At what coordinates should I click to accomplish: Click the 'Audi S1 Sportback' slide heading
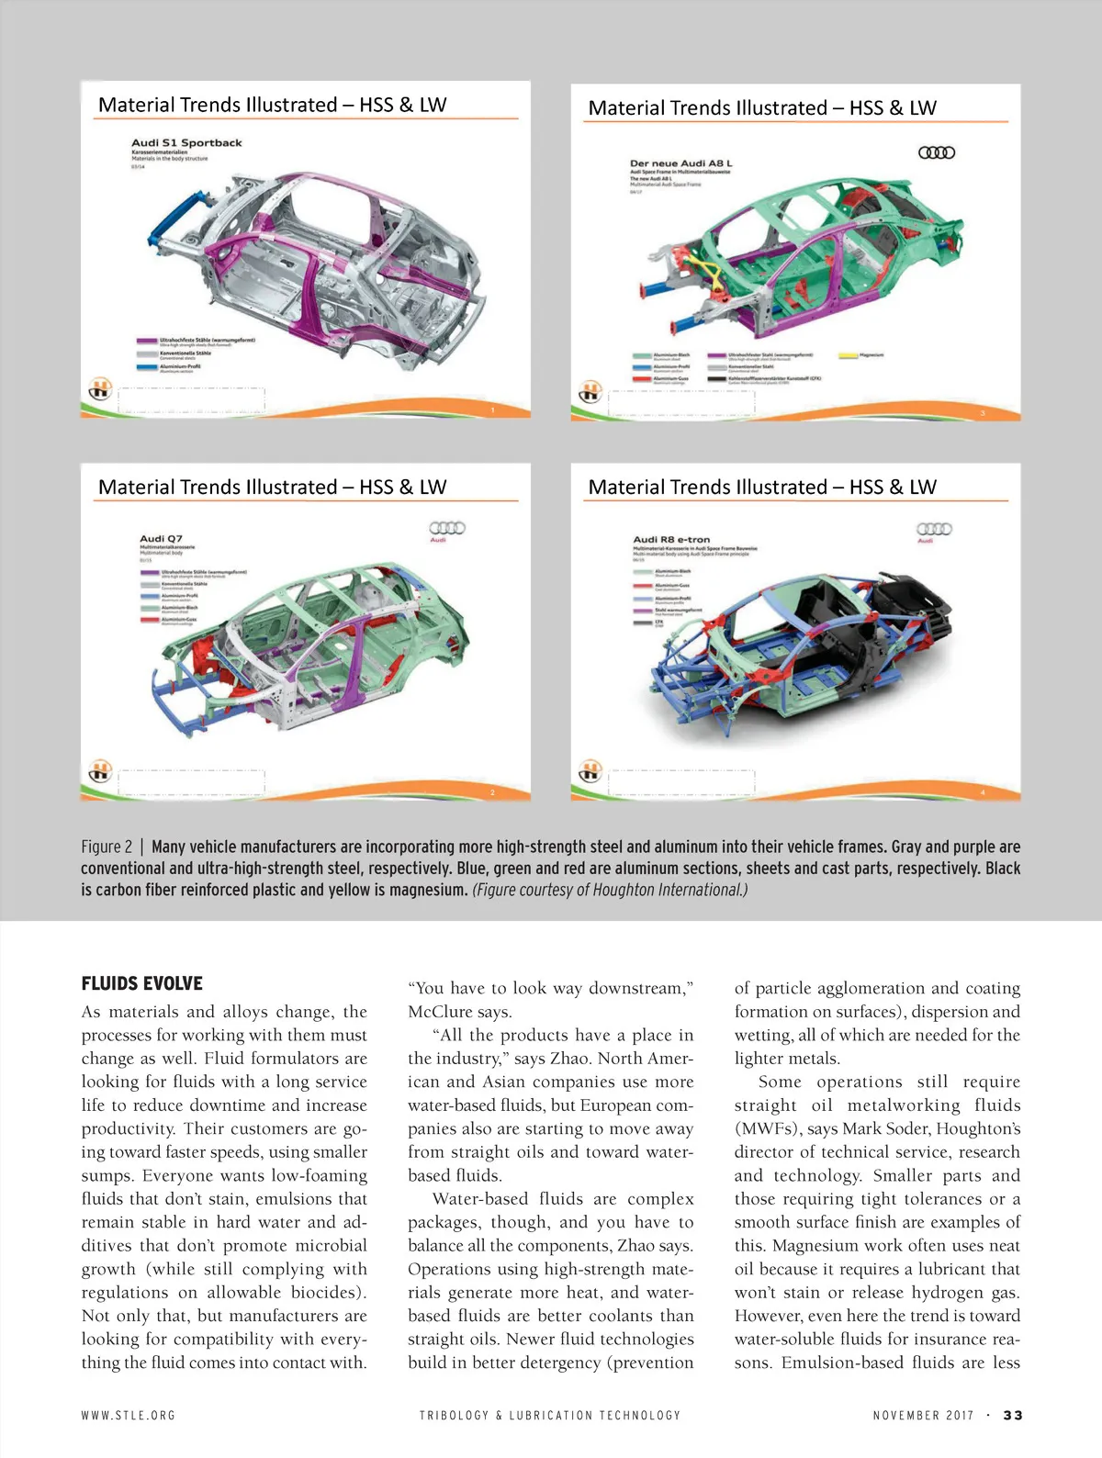tap(186, 142)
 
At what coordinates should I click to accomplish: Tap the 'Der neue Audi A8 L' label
tap(680, 163)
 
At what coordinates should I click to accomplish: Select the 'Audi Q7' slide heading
tap(161, 538)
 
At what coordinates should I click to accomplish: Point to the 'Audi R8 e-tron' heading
tap(671, 539)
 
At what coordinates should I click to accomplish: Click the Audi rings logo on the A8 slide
tap(937, 152)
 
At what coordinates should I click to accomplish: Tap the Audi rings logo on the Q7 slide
tap(447, 528)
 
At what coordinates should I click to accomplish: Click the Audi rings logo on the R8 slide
tap(934, 529)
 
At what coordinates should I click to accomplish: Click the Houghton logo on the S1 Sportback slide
tap(99, 389)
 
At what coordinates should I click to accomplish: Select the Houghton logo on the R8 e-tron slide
tap(590, 769)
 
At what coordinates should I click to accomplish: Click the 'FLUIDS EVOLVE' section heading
tap(141, 983)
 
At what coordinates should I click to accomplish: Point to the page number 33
tap(1012, 1415)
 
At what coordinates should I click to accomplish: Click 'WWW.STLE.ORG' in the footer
tap(128, 1415)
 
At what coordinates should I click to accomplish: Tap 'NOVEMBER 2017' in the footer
tap(923, 1415)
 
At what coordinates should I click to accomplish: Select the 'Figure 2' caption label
tap(107, 847)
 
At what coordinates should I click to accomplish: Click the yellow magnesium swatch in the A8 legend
tap(847, 355)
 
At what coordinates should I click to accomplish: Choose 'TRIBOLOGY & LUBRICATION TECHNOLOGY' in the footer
tap(550, 1415)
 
